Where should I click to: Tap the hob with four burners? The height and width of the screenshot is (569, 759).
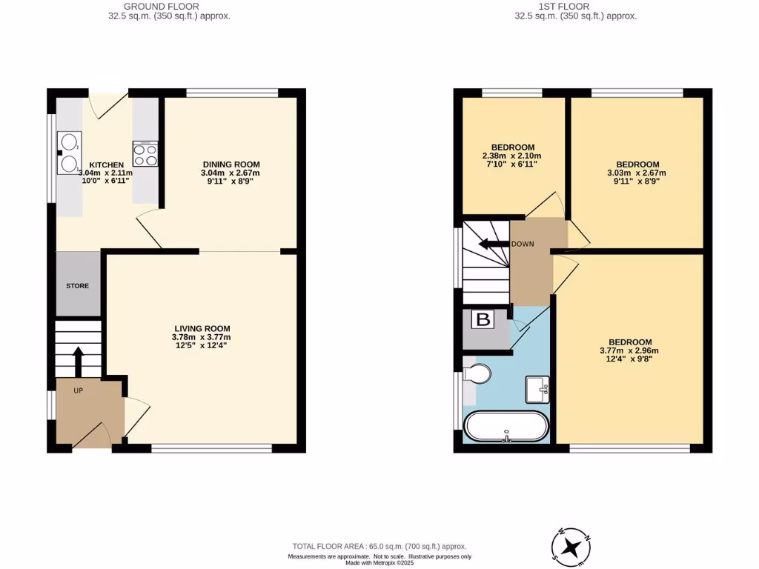145,154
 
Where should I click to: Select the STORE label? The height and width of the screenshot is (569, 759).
78,285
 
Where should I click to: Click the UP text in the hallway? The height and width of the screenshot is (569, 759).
79,390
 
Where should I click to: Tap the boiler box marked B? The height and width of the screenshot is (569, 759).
483,321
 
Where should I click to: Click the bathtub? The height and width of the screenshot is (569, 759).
507,427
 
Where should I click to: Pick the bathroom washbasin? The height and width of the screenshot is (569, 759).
537,387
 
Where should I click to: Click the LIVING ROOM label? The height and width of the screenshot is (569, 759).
202,328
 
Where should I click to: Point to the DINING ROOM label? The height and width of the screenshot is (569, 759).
232,164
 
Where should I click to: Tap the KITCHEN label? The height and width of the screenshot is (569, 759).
106,164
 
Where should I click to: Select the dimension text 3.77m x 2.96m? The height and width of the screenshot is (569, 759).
629,350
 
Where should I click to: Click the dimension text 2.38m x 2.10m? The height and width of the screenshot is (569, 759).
513,156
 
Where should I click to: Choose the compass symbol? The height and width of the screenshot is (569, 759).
571,546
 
